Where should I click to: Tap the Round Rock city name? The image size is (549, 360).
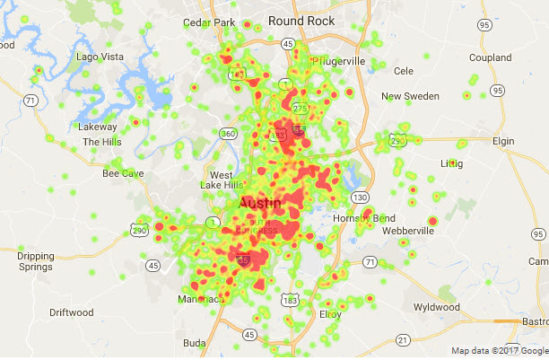301,21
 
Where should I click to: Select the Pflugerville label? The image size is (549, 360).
341,61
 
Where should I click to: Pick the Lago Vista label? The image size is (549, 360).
100,57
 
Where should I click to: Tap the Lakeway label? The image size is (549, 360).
97,127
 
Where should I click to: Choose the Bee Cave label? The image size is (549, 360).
123,172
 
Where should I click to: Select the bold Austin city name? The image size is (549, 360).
260,205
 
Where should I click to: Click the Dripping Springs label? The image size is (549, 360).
36,261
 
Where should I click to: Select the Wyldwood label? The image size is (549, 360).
438,306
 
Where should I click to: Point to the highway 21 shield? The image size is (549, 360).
403,338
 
